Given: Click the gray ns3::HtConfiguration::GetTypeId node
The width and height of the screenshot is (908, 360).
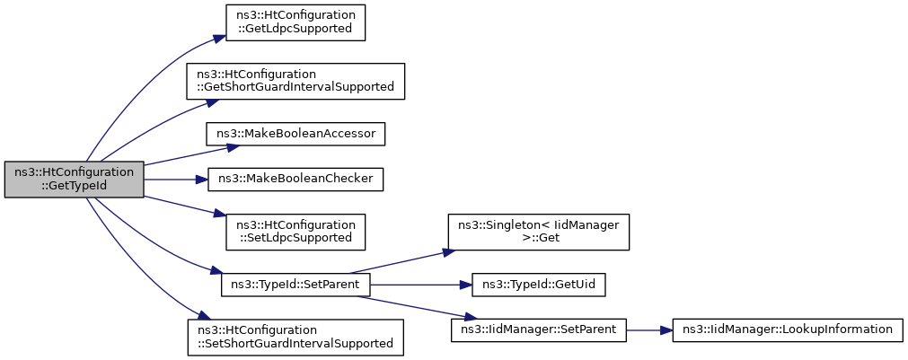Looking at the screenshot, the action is point(75,180).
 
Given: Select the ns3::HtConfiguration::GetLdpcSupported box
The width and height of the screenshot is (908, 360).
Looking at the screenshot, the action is point(295,22).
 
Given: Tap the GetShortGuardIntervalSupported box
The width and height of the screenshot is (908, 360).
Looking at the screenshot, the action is point(295,81).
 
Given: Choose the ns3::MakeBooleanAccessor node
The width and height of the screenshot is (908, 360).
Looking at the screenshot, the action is point(295,134).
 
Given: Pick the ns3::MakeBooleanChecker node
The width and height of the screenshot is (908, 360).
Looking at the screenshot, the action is point(295,180).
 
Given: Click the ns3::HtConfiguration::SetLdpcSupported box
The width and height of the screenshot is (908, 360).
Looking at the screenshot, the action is point(295,233).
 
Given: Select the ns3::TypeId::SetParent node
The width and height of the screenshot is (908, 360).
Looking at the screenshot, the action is point(295,285).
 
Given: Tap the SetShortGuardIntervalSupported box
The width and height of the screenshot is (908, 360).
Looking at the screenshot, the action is point(295,337).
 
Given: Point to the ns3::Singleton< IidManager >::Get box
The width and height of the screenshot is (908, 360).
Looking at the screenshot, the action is point(538,233).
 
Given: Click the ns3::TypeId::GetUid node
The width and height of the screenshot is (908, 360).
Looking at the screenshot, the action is point(539,285).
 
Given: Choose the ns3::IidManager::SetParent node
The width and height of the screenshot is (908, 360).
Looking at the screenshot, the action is point(539,329).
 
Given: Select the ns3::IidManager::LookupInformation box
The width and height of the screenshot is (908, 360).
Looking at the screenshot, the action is point(788,329).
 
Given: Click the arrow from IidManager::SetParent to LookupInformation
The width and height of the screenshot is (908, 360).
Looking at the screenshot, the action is point(649,329).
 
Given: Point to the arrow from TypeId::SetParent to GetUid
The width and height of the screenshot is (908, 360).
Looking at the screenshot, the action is point(421,285).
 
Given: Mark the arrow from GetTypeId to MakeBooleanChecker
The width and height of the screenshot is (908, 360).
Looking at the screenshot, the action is point(176,180).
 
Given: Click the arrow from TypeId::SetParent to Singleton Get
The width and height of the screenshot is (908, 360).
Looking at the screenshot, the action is point(400,262).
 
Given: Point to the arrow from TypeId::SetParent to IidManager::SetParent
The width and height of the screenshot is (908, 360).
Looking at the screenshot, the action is point(412,307).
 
